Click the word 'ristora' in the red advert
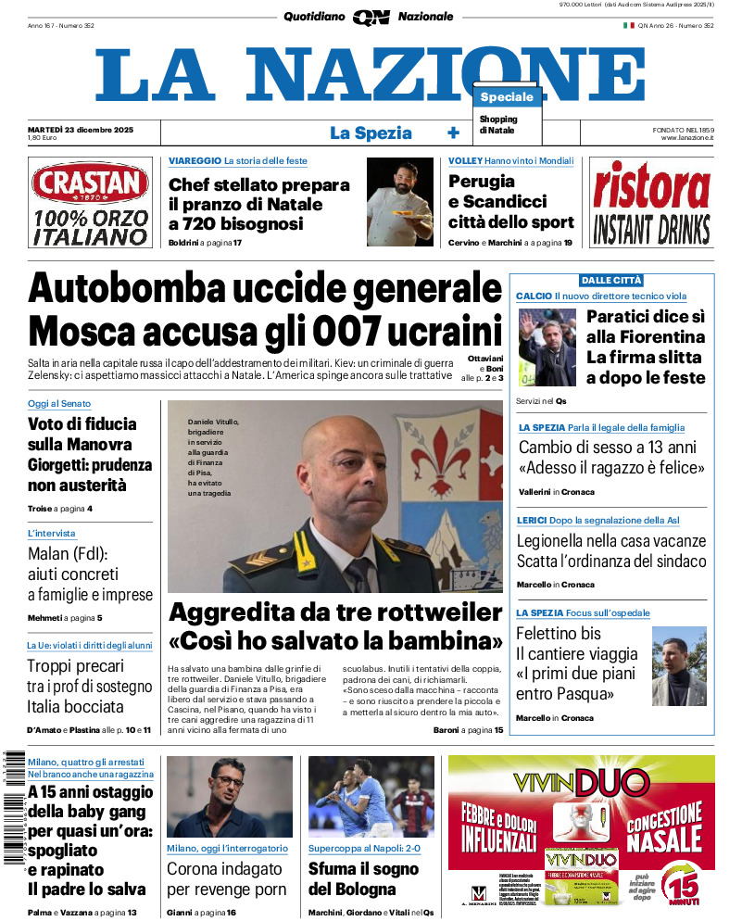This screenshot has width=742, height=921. pyautogui.click(x=651, y=185)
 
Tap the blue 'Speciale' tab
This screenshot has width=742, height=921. pyautogui.click(x=507, y=97)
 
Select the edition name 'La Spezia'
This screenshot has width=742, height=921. pyautogui.click(x=371, y=133)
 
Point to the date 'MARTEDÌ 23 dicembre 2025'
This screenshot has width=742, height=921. pyautogui.click(x=82, y=129)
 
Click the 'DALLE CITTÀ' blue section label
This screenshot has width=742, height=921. pyautogui.click(x=611, y=281)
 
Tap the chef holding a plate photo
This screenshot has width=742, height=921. pyautogui.click(x=399, y=202)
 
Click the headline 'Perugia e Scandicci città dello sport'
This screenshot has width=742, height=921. pyautogui.click(x=510, y=202)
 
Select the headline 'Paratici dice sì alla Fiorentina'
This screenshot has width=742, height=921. pyautogui.click(x=646, y=327)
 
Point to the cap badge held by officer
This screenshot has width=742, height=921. pyautogui.click(x=303, y=559)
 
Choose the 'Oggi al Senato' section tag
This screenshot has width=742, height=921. pyautogui.click(x=58, y=404)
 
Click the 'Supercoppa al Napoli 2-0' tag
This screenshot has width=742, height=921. pyautogui.click(x=364, y=848)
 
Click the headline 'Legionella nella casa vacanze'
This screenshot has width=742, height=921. pyautogui.click(x=610, y=541)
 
